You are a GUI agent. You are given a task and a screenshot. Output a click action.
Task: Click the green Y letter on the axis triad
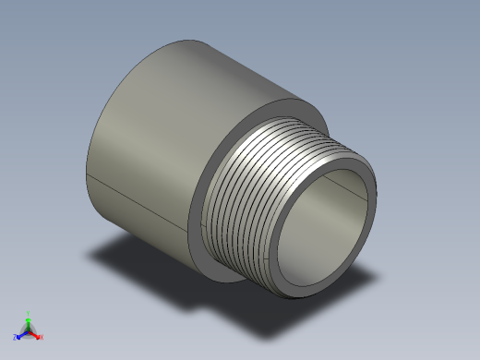[x=30, y=313]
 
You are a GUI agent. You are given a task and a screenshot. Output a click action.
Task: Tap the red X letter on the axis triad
[x=42, y=337]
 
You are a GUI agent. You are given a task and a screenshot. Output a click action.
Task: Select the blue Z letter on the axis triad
[x=15, y=338]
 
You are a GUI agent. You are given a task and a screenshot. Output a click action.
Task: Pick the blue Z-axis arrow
[x=21, y=334]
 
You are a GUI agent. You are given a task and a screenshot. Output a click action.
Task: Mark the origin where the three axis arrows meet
[x=29, y=330]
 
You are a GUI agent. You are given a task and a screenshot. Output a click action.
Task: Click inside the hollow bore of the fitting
[x=323, y=231]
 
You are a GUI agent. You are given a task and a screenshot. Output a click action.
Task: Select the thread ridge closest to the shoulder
[x=222, y=175]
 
